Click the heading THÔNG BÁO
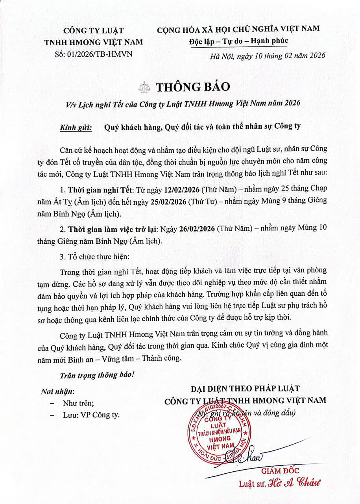tap(192, 87)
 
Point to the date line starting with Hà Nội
tap(268, 56)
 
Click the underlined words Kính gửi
tap(76, 127)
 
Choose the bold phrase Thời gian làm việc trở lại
tap(113, 228)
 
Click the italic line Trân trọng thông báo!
tap(97, 375)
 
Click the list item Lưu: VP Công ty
tap(91, 415)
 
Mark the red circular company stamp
tap(217, 435)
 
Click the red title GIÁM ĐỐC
tap(280, 471)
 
